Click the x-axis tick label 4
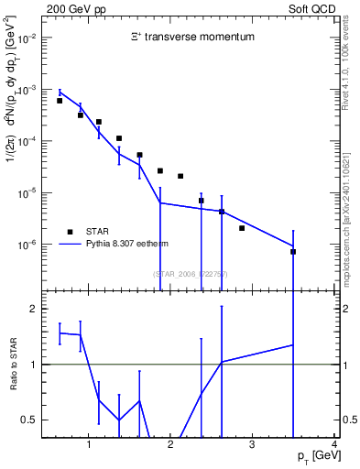(x=334, y=444)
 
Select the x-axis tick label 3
(x=252, y=444)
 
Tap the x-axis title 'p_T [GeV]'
(x=314, y=456)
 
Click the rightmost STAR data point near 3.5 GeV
(x=293, y=251)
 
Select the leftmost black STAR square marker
(x=60, y=101)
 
